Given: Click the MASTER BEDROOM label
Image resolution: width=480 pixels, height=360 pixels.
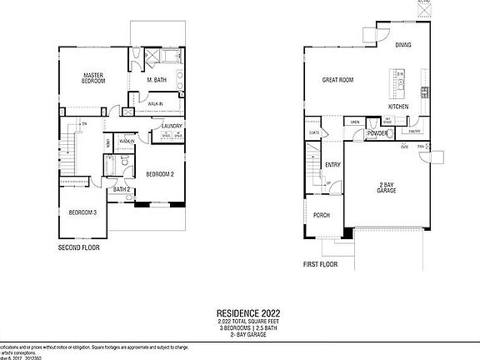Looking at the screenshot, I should click(x=92, y=78).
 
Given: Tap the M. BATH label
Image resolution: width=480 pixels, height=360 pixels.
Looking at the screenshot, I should click(x=156, y=81).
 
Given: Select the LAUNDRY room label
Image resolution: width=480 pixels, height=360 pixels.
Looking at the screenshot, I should click(x=172, y=127).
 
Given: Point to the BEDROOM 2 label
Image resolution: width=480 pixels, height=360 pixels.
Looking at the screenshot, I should click(x=159, y=174).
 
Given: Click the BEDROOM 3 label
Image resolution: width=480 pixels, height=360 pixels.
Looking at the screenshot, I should click(x=82, y=212).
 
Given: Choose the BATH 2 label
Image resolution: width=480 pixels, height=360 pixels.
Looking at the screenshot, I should click(x=122, y=189).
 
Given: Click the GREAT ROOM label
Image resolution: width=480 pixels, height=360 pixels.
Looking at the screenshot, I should click(x=339, y=81).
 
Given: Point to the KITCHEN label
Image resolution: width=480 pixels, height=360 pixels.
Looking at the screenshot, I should click(x=397, y=107).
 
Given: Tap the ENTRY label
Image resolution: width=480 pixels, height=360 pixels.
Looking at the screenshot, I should click(x=332, y=165).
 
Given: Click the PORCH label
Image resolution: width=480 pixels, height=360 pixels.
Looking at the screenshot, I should click(x=322, y=215).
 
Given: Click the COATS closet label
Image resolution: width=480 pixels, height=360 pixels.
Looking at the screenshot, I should click(x=314, y=132).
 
